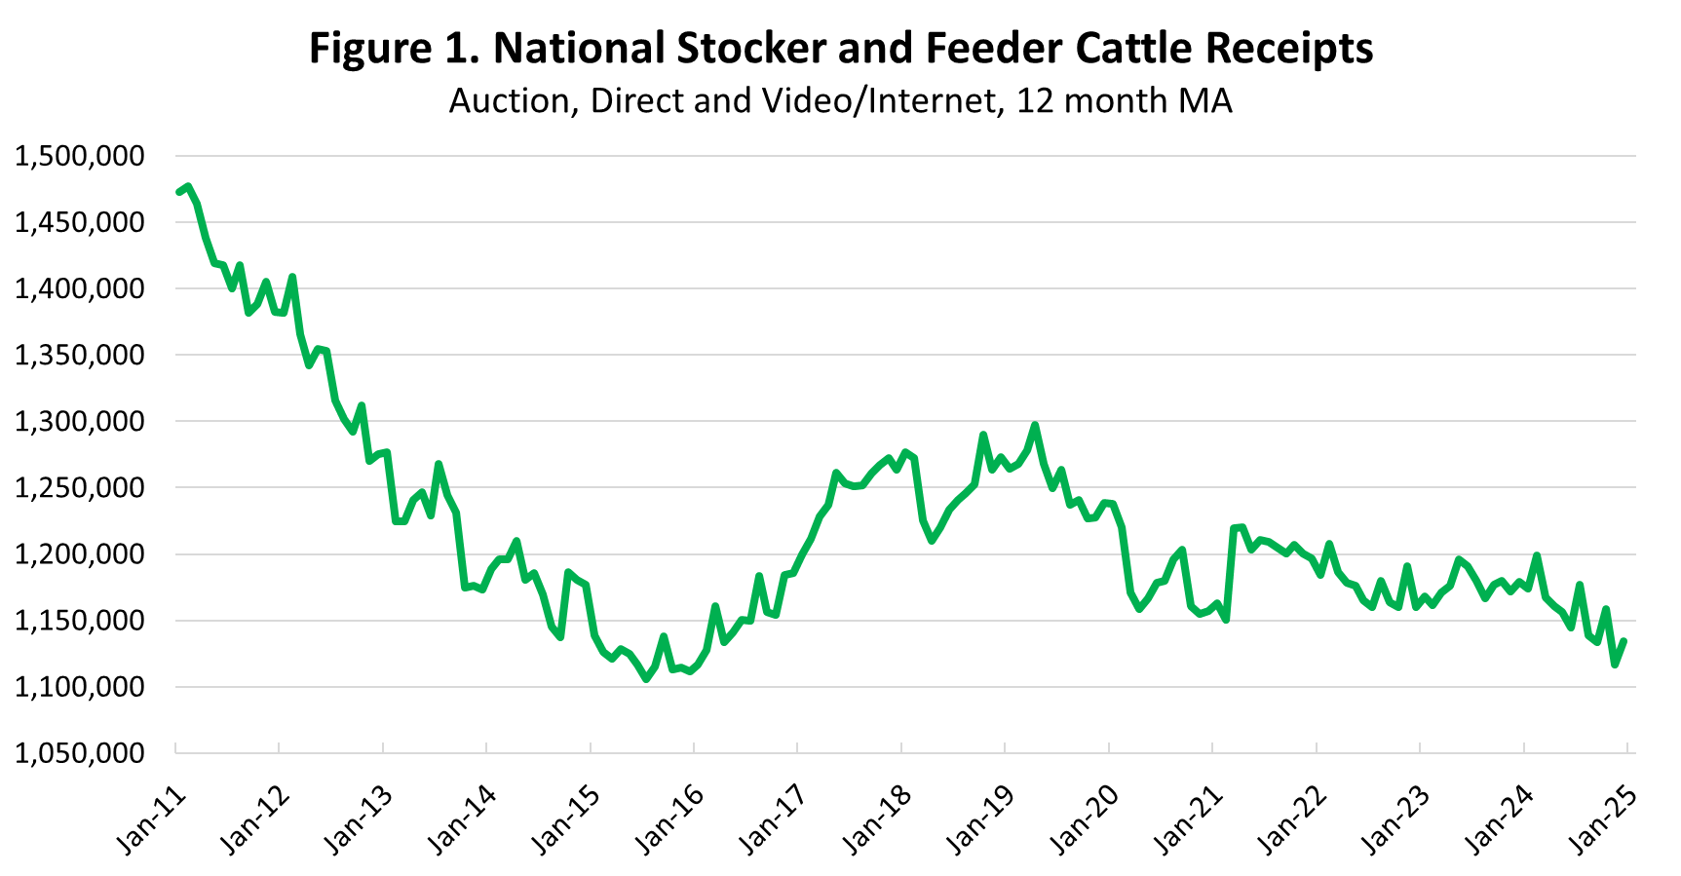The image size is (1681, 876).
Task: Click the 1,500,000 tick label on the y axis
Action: click(x=79, y=156)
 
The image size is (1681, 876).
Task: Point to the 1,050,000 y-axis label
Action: click(x=79, y=753)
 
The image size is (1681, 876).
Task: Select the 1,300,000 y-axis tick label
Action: click(x=79, y=422)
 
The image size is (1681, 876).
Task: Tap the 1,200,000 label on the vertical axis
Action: click(x=79, y=554)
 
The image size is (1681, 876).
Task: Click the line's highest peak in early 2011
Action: click(x=188, y=186)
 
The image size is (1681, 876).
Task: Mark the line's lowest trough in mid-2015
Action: click(x=646, y=679)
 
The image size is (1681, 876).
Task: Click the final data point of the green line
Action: click(x=1624, y=640)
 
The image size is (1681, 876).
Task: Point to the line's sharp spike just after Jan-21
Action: click(x=1241, y=527)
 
